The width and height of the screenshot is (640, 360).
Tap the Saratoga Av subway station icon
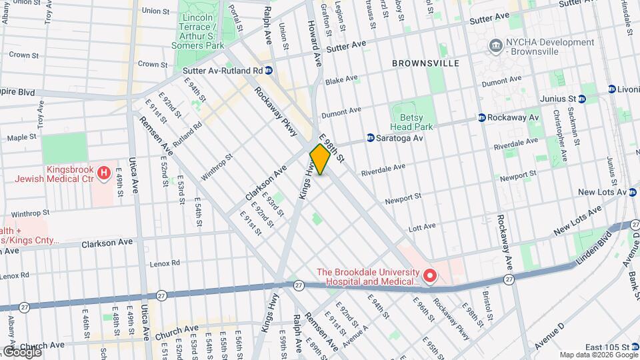pyautogui.click(x=370, y=138)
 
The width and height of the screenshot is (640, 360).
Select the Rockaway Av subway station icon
pyautogui.click(x=481, y=117)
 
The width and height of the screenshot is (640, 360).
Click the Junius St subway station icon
pyautogui.click(x=581, y=99)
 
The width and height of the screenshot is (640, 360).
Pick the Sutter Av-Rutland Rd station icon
pyautogui.click(x=269, y=70)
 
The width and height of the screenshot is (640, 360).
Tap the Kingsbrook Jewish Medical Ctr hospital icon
pyautogui.click(x=103, y=174)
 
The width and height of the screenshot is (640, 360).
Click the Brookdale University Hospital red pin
pyautogui.click(x=431, y=275)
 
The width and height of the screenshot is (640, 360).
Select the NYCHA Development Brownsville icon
pyautogui.click(x=496, y=46)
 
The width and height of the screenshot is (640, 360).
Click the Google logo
pyautogui.click(x=21, y=351)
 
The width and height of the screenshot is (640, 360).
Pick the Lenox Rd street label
pyautogui.click(x=166, y=263)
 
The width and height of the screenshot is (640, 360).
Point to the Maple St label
pyautogui.click(x=21, y=137)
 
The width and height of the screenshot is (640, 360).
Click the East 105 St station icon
pyautogui.click(x=636, y=347)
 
